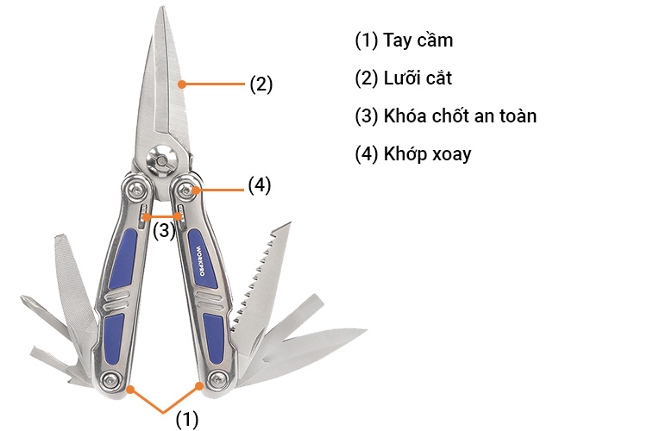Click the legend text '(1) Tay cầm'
(404, 41)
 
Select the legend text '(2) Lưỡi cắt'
(404, 78)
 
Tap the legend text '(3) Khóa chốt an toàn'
(445, 116)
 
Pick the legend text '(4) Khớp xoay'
(413, 153)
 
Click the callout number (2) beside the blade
(261, 84)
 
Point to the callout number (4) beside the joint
(260, 184)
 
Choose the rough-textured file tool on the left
(75, 284)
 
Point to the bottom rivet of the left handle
(109, 380)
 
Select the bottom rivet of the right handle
(216, 380)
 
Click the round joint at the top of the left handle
(135, 188)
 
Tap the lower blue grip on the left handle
(113, 336)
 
